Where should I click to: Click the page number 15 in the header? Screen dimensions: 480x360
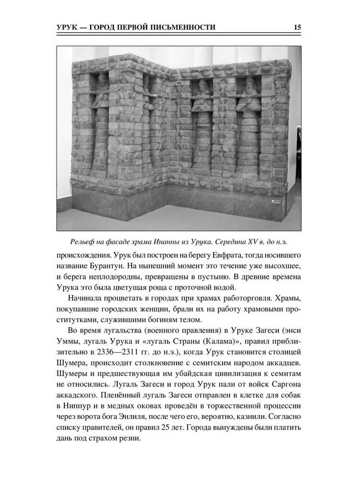(297, 27)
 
